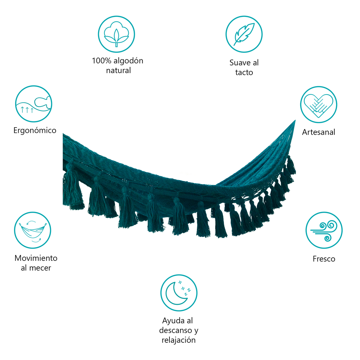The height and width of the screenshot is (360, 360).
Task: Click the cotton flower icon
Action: coord(116,34)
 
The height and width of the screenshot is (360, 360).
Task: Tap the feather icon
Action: coord(244,34)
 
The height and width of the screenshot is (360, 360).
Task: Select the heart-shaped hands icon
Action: coord(319,105)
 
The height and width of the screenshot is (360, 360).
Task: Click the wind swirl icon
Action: coord(324,230)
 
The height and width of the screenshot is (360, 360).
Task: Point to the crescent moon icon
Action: coord(179,293)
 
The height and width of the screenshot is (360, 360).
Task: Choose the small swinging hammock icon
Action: coord(33,230)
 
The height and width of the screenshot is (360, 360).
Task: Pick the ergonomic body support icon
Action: coord(34,104)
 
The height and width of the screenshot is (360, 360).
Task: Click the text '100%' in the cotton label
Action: coord(102,60)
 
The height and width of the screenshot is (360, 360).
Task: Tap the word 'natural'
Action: coord(118,70)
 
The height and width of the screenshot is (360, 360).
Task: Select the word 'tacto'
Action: coord(244,72)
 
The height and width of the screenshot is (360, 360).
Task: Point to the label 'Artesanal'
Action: coord(319,132)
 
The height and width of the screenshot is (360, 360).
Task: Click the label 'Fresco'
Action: coord(324,259)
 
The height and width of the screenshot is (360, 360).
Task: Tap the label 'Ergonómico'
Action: coord(35,130)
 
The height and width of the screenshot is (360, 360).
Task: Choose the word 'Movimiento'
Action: coord(36,258)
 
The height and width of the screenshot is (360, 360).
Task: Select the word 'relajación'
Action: coord(179,340)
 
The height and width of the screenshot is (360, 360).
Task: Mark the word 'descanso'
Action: coord(176,330)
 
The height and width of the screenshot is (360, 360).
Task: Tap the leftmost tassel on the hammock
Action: coord(72,186)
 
